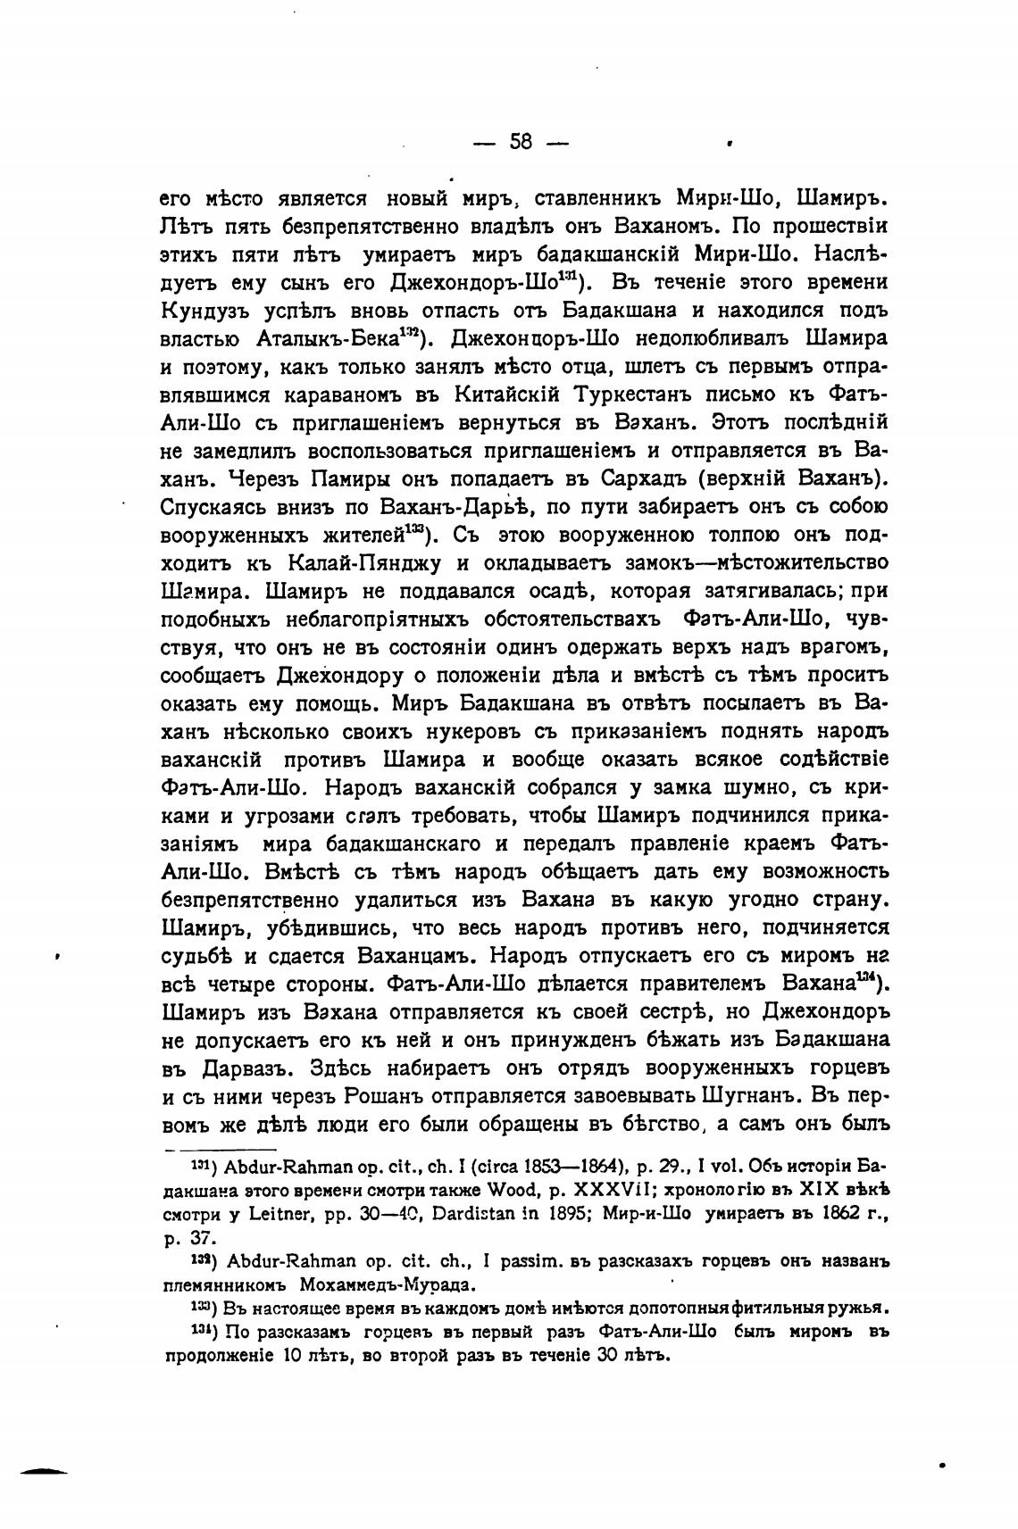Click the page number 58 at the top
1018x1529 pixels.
click(x=521, y=142)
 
